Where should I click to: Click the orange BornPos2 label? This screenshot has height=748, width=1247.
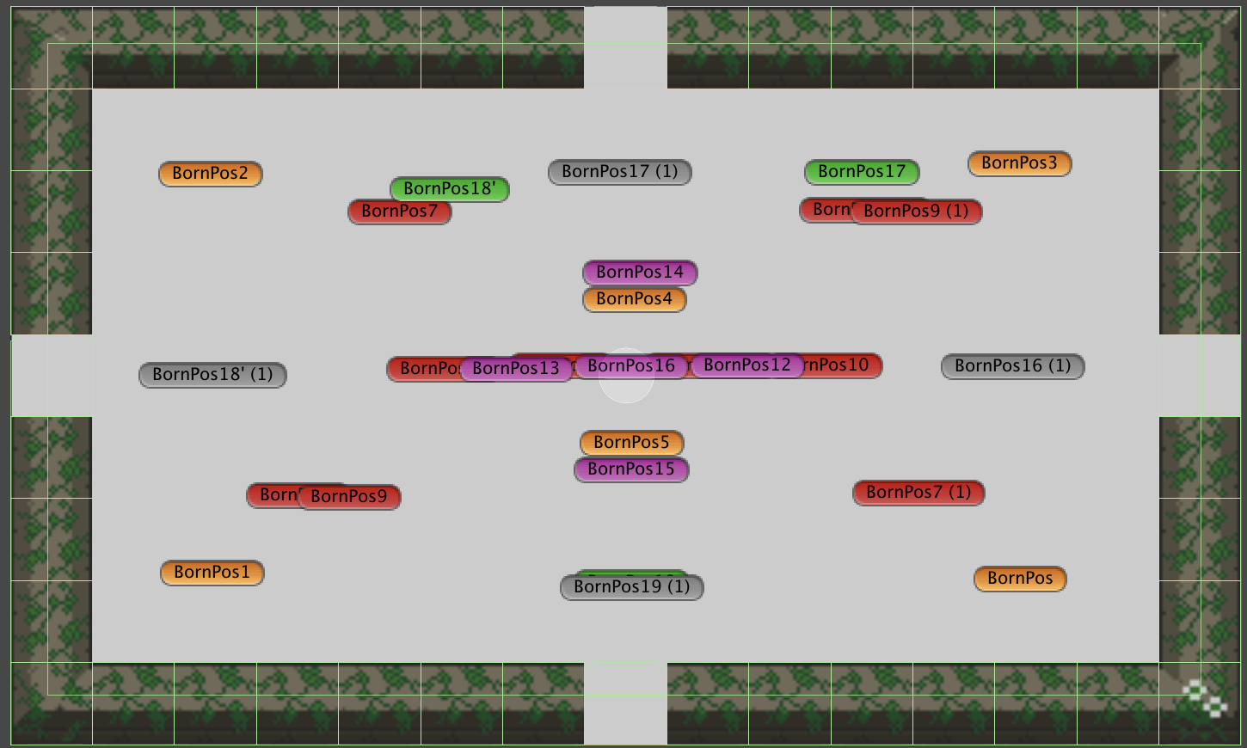[210, 174]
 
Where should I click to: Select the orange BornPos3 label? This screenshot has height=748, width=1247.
[1019, 163]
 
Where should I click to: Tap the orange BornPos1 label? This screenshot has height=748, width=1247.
[212, 573]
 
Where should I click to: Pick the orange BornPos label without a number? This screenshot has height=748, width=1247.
[1020, 579]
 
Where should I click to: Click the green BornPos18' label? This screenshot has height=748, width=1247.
[450, 188]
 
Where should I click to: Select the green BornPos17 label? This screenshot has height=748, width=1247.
[862, 172]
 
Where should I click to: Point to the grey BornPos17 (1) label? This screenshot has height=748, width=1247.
[619, 172]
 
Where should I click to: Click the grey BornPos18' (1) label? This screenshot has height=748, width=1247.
[212, 375]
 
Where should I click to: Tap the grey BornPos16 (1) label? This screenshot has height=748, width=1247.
[1012, 366]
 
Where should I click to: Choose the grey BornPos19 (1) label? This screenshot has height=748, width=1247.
[632, 587]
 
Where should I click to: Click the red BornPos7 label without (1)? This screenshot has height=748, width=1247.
[399, 212]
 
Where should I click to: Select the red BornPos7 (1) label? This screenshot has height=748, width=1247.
[918, 493]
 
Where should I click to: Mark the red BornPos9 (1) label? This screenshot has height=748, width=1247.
[916, 212]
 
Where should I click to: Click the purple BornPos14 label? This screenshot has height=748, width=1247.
[640, 273]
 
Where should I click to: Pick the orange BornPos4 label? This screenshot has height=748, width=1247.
[634, 299]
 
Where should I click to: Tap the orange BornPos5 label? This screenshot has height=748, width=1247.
[631, 443]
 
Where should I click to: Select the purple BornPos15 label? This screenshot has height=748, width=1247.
[631, 469]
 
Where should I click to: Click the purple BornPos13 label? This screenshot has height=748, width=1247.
[516, 369]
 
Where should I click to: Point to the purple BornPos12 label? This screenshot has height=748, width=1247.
[746, 365]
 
